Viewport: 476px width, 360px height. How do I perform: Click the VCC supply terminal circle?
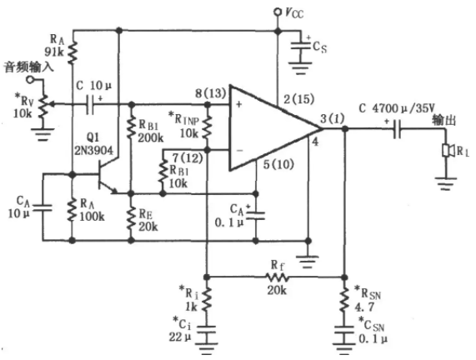click(x=277, y=12)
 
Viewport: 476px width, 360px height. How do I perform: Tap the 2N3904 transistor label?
click(x=94, y=150)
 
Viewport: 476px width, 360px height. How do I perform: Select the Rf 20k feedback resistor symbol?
click(x=277, y=277)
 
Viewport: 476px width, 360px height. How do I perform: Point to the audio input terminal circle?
click(x=30, y=80)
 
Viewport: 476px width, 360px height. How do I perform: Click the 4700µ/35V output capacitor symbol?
click(x=397, y=129)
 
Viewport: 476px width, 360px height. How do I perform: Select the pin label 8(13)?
click(x=211, y=93)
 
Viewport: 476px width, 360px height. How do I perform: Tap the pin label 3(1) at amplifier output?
click(x=333, y=118)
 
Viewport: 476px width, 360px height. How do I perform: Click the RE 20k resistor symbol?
click(x=131, y=217)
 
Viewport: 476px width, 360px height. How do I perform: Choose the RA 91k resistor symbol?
click(x=73, y=52)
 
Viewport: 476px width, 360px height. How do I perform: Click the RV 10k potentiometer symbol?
click(x=44, y=105)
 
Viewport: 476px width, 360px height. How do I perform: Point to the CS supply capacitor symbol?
click(x=301, y=46)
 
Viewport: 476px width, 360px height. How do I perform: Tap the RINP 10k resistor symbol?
click(x=207, y=127)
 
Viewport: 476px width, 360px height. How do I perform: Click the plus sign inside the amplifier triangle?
click(x=239, y=105)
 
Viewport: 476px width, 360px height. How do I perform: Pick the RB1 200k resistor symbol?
click(x=131, y=127)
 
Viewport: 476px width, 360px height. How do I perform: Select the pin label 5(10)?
click(x=278, y=165)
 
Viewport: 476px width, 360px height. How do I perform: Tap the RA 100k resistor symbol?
click(x=73, y=210)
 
